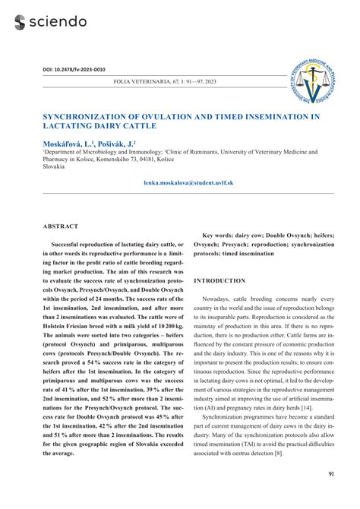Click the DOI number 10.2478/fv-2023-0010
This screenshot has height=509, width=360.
[83, 69]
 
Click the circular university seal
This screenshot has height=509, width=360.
[309, 79]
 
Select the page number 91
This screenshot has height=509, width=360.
[331, 475]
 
